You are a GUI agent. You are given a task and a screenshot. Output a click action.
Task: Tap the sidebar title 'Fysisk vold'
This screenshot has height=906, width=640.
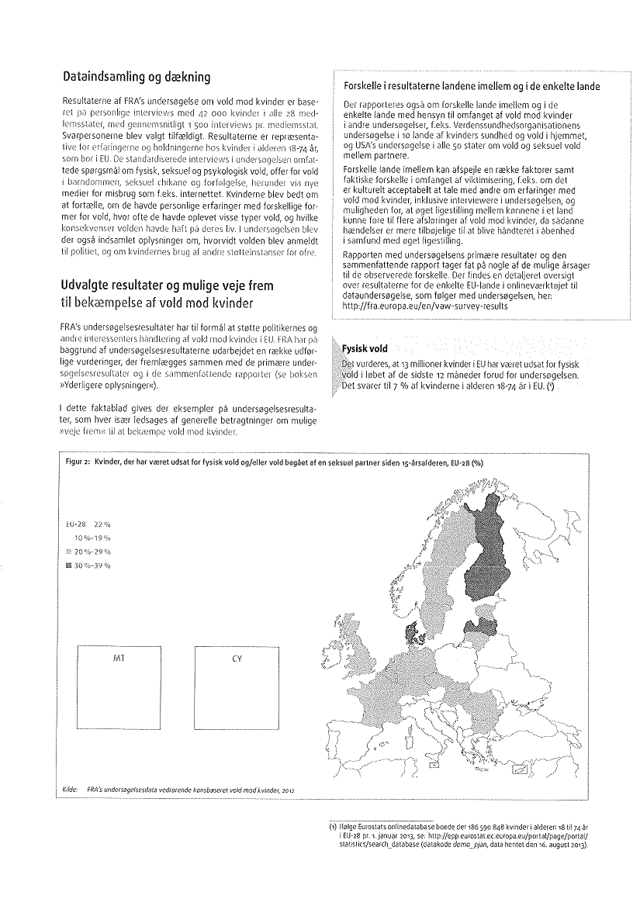coord(365,349)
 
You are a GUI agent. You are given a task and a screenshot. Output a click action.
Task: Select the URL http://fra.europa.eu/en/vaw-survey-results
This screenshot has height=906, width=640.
coord(425,306)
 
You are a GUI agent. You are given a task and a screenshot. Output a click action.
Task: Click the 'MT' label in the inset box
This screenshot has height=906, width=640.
coord(119,657)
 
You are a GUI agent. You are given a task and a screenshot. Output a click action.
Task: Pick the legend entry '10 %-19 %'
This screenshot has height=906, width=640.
coord(92,536)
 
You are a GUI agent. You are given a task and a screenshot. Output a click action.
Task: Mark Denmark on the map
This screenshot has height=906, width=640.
coord(407,617)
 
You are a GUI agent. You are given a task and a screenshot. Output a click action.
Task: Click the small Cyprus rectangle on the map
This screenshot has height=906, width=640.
coord(521,769)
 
